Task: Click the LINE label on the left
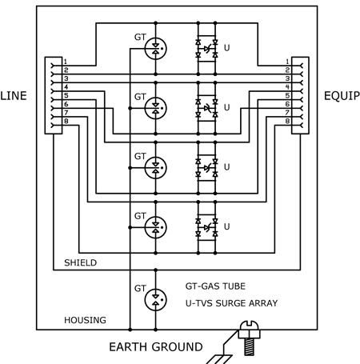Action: [14, 96]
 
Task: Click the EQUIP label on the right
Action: [342, 96]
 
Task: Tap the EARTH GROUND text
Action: [156, 347]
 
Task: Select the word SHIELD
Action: [80, 262]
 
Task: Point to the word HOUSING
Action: [85, 320]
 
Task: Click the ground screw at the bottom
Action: [249, 338]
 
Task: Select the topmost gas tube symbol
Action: [156, 48]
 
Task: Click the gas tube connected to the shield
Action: [156, 299]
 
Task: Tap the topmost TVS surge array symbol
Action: [206, 49]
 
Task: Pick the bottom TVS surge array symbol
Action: [206, 227]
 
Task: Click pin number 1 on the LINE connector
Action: [65, 62]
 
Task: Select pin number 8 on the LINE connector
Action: [66, 122]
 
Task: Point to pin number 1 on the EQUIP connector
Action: [287, 62]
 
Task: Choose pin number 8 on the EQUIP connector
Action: [287, 122]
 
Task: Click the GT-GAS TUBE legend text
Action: [215, 286]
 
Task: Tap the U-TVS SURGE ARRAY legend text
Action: [231, 303]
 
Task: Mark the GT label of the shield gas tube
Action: [140, 288]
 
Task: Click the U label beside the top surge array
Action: [226, 48]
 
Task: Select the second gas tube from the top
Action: [156, 108]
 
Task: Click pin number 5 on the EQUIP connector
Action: [287, 96]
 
